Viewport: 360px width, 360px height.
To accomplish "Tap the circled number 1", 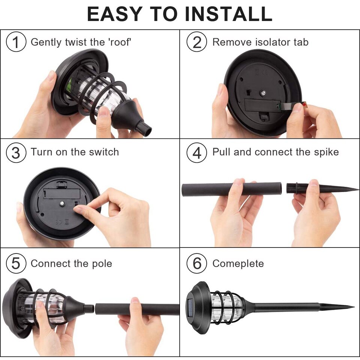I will point(16,42).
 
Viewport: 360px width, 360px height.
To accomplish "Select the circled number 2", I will point(197,42).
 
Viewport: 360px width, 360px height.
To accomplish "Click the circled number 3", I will point(16,153).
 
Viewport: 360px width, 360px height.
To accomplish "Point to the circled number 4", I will point(197,153).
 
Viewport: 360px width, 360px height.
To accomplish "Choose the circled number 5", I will point(16,264).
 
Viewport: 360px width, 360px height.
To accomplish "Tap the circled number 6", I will point(197,264).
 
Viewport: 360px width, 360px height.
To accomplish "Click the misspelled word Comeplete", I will point(238,264).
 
